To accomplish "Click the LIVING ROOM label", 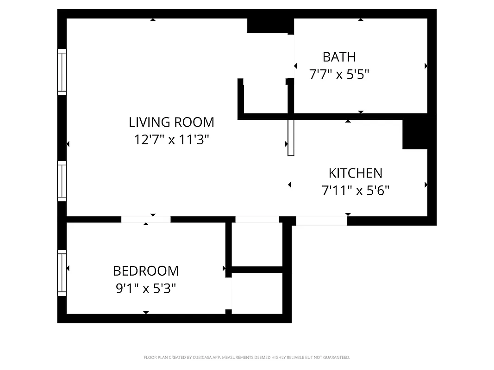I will [171, 122].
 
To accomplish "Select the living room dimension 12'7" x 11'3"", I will [171, 139].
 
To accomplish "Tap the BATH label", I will [339, 57].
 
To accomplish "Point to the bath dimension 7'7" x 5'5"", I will [339, 74].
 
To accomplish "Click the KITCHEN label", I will [355, 173].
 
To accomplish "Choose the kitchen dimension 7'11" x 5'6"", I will [355, 190].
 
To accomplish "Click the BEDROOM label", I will [145, 271].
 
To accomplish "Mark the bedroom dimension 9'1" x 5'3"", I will [145, 289].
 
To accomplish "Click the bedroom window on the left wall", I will [62, 273].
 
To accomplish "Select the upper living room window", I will [62, 72].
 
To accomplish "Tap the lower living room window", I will [62, 181].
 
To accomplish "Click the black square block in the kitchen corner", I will [415, 134].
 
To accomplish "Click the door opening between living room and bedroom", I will [146, 219].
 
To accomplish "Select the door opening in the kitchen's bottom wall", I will [321, 221].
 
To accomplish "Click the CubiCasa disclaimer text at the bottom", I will [247, 358].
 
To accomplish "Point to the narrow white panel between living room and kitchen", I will [291, 138].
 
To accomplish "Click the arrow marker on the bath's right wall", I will [426, 66].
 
